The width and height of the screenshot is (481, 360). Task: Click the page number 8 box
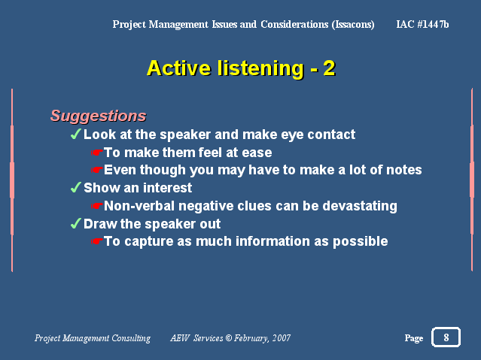pyautogui.click(x=446, y=337)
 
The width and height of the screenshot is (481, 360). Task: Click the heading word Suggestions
pyautogui.click(x=98, y=116)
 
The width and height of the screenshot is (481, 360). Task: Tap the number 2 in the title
pyautogui.click(x=329, y=68)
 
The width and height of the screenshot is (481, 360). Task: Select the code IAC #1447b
pyautogui.click(x=422, y=24)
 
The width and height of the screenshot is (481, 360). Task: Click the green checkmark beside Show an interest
pyautogui.click(x=76, y=187)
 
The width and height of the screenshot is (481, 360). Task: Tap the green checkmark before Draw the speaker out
pyautogui.click(x=76, y=223)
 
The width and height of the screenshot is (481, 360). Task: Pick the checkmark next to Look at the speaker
pyautogui.click(x=76, y=134)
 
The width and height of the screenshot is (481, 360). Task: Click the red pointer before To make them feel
pyautogui.click(x=96, y=153)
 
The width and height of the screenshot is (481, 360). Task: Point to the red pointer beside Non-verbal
pyautogui.click(x=96, y=206)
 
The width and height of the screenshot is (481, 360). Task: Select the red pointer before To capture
pyautogui.click(x=96, y=241)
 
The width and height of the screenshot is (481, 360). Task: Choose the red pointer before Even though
pyautogui.click(x=96, y=170)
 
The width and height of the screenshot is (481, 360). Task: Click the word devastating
pyautogui.click(x=360, y=206)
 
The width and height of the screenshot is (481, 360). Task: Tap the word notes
pyautogui.click(x=404, y=170)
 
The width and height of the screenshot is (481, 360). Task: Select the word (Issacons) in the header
pyautogui.click(x=353, y=24)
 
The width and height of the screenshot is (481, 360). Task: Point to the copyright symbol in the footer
pyautogui.click(x=229, y=337)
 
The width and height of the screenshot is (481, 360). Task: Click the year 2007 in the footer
pyautogui.click(x=282, y=338)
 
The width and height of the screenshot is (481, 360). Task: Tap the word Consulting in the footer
pyautogui.click(x=131, y=338)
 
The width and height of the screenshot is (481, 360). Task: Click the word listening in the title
pyautogui.click(x=260, y=68)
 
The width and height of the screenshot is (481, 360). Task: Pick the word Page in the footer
pyautogui.click(x=414, y=338)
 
